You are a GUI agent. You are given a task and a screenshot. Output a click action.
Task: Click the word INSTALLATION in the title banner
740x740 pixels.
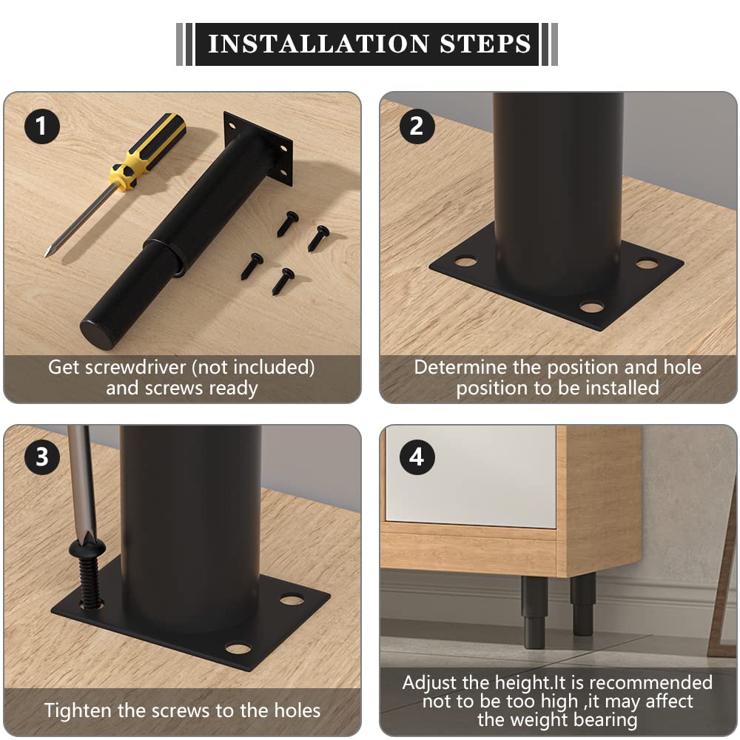318,44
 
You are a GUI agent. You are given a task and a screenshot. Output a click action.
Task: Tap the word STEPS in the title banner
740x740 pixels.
485,44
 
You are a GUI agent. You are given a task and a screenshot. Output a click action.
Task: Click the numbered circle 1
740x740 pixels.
42,126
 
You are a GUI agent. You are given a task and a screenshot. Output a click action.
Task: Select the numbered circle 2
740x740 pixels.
417,126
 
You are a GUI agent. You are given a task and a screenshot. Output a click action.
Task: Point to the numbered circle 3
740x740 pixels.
42,457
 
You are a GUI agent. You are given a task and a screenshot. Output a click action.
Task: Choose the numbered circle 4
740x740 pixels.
417,457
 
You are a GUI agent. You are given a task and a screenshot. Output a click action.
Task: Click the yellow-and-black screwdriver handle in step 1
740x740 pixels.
148,151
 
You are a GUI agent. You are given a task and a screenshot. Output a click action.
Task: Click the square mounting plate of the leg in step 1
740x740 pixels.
258,148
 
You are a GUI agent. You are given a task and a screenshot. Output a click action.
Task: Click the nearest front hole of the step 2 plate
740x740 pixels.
592,308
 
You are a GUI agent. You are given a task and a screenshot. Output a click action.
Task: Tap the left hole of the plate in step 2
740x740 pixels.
465,260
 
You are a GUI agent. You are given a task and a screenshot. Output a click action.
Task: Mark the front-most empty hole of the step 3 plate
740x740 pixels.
238,648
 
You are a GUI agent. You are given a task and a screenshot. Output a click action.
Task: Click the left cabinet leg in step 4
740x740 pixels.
534,612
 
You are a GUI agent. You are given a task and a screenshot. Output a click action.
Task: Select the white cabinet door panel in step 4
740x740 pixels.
471,476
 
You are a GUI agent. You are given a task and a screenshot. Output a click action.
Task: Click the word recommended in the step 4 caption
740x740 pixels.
650,682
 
